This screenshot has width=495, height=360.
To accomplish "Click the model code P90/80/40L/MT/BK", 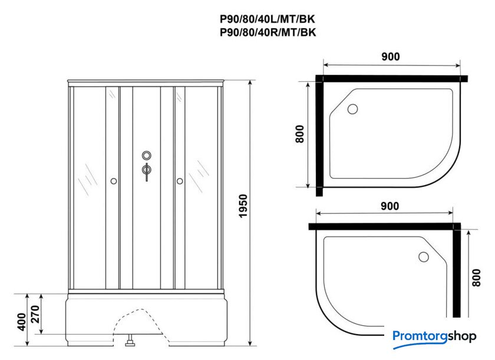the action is pos(268,19).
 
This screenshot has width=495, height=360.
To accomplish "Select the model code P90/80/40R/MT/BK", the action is pos(268,32).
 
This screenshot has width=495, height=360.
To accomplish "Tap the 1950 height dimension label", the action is pos(243,206).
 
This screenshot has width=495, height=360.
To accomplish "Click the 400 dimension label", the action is pos(21,322).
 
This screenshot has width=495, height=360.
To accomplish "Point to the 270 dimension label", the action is pos(35,314).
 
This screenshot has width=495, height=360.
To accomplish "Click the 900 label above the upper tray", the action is pos(391,57).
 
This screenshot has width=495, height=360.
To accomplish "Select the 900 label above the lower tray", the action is pos(390,206).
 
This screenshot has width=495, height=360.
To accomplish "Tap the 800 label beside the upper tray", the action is pos(299,134).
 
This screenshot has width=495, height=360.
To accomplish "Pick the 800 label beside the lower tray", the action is pos(476,278).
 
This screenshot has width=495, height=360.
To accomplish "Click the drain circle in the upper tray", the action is pos(352,109).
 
